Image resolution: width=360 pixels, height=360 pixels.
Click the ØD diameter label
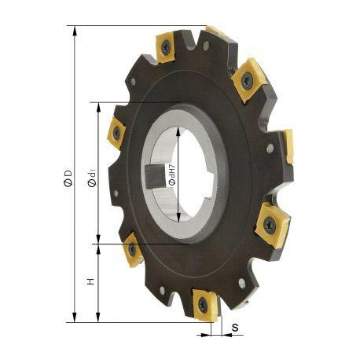coord(68,178)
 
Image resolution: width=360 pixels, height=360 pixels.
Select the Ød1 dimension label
coord(92,178)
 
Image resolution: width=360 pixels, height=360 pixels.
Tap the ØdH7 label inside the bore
coord(172,175)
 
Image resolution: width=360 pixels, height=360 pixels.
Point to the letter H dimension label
coord(90,281)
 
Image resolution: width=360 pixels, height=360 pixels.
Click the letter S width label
coord(235,327)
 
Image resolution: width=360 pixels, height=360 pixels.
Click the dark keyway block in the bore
coord(156,176)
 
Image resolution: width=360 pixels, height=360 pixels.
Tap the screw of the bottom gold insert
coord(203,303)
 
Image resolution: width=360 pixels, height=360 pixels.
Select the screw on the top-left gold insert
coord(166,47)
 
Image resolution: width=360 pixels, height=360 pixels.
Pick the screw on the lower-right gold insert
coord(270,225)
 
